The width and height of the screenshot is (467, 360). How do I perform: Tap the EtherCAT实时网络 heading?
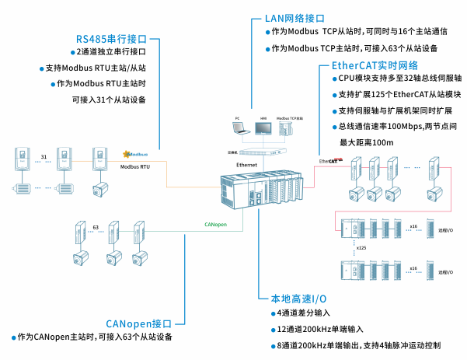tap(375, 65)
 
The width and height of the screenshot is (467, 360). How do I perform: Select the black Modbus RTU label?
tap(134, 166)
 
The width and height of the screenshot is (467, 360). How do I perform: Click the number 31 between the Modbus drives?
tap(44, 158)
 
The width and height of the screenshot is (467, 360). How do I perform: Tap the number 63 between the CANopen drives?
tap(96, 228)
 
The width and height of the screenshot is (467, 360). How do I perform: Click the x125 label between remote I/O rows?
tap(361, 247)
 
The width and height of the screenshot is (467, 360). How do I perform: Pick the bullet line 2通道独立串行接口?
tap(110, 52)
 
